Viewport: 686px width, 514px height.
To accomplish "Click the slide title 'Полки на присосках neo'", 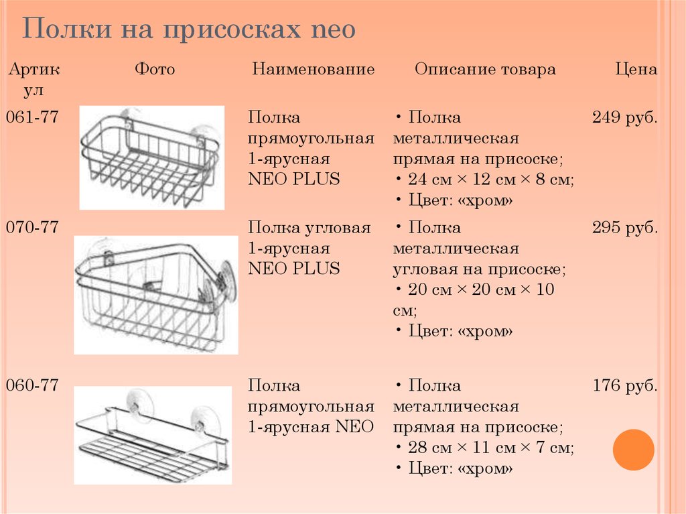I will pyautogui.click(x=190, y=30).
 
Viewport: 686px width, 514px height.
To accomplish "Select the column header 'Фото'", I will pyautogui.click(x=155, y=70).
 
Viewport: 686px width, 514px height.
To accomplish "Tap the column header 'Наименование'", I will pyautogui.click(x=313, y=70).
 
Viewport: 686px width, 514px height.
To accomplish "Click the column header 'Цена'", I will pyautogui.click(x=636, y=70).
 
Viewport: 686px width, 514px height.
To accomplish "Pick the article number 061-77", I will pyautogui.click(x=32, y=118).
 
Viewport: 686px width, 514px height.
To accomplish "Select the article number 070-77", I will pyautogui.click(x=32, y=228).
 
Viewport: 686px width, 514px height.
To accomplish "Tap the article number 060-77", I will pyautogui.click(x=32, y=385).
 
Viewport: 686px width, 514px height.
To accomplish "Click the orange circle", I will pyautogui.click(x=633, y=449).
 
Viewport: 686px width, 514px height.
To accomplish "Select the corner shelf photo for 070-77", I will pyautogui.click(x=155, y=295).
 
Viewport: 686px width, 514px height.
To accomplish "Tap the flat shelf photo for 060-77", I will pyautogui.click(x=152, y=436).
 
